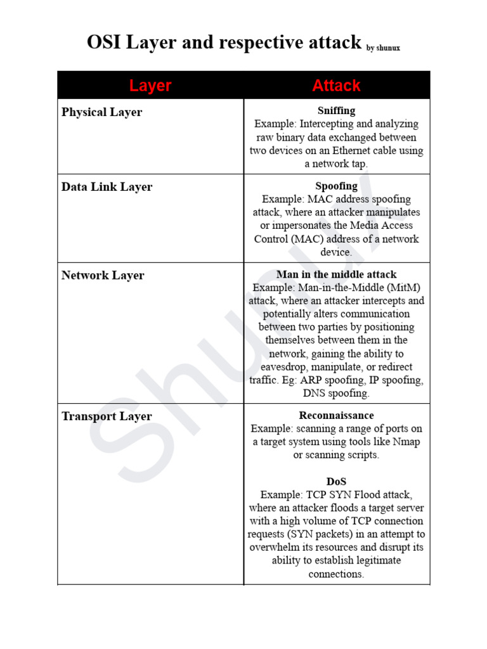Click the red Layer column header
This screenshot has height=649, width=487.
pyautogui.click(x=150, y=86)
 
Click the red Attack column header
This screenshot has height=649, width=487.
pyautogui.click(x=336, y=86)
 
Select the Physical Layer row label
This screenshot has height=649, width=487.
pyautogui.click(x=101, y=112)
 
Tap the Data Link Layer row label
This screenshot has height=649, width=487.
pyautogui.click(x=107, y=187)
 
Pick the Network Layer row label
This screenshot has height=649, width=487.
pyautogui.click(x=103, y=276)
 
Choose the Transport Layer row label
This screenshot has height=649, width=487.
pyautogui.click(x=107, y=416)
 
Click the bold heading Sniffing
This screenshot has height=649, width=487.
pyautogui.click(x=336, y=111)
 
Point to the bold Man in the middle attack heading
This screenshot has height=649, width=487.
pyautogui.click(x=336, y=274)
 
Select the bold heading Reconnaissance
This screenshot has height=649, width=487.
pyautogui.click(x=336, y=415)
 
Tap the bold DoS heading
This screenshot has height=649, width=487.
pyautogui.click(x=336, y=482)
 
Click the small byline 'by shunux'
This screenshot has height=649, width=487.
pyautogui.click(x=383, y=48)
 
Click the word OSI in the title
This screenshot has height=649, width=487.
pyautogui.click(x=105, y=42)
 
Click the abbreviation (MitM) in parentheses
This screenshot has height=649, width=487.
pyautogui.click(x=401, y=288)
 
